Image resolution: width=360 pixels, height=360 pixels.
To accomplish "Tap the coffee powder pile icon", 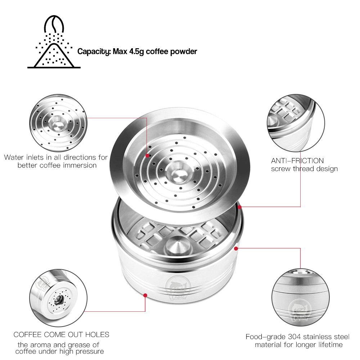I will click(52, 56).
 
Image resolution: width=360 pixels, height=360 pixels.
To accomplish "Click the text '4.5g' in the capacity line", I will click(134, 51).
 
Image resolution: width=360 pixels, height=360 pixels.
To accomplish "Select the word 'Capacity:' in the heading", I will click(94, 51).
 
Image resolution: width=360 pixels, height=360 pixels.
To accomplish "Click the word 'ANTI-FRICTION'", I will click(297, 161).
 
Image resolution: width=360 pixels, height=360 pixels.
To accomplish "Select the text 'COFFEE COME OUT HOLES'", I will click(61, 335).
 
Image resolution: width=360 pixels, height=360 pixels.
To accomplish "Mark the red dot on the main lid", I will click(147, 155).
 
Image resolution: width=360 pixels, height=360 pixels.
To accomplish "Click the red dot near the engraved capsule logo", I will click(145, 295).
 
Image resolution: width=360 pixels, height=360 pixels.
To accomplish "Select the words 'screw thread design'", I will click(304, 168).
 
